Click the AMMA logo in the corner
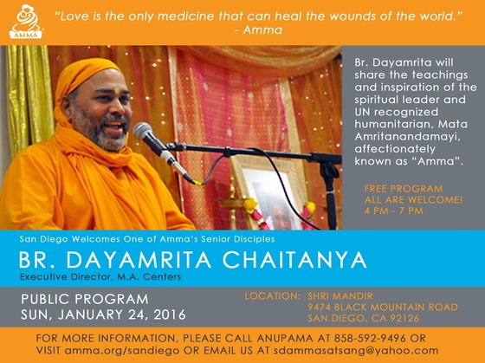point(26,22)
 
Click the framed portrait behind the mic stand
point(268,192)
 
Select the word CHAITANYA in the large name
point(294,260)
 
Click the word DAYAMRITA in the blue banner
point(139,260)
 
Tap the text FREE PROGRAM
point(404,189)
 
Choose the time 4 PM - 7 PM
point(393,211)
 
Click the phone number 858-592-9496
point(370,338)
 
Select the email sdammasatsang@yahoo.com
point(356,351)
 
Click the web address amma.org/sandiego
point(122,351)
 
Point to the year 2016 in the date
point(170,314)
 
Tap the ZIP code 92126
point(403,318)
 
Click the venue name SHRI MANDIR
point(340,296)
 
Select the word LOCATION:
point(273,296)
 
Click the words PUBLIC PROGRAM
point(85,299)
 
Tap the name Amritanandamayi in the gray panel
point(407,137)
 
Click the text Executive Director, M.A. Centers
point(100,276)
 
